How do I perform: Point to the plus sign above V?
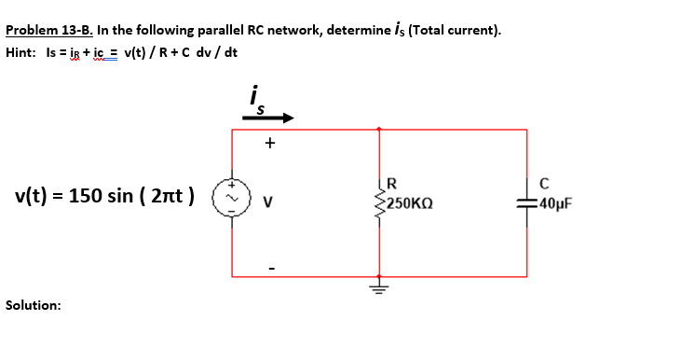(270, 144)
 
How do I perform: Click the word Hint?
(20, 52)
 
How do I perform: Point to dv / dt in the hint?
(215, 52)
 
